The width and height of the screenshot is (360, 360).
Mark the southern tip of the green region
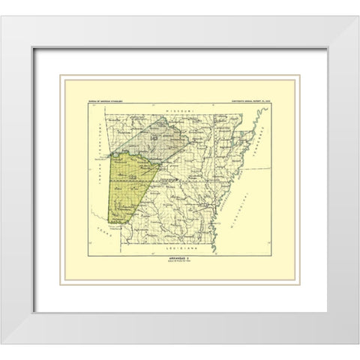(x=111, y=223)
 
